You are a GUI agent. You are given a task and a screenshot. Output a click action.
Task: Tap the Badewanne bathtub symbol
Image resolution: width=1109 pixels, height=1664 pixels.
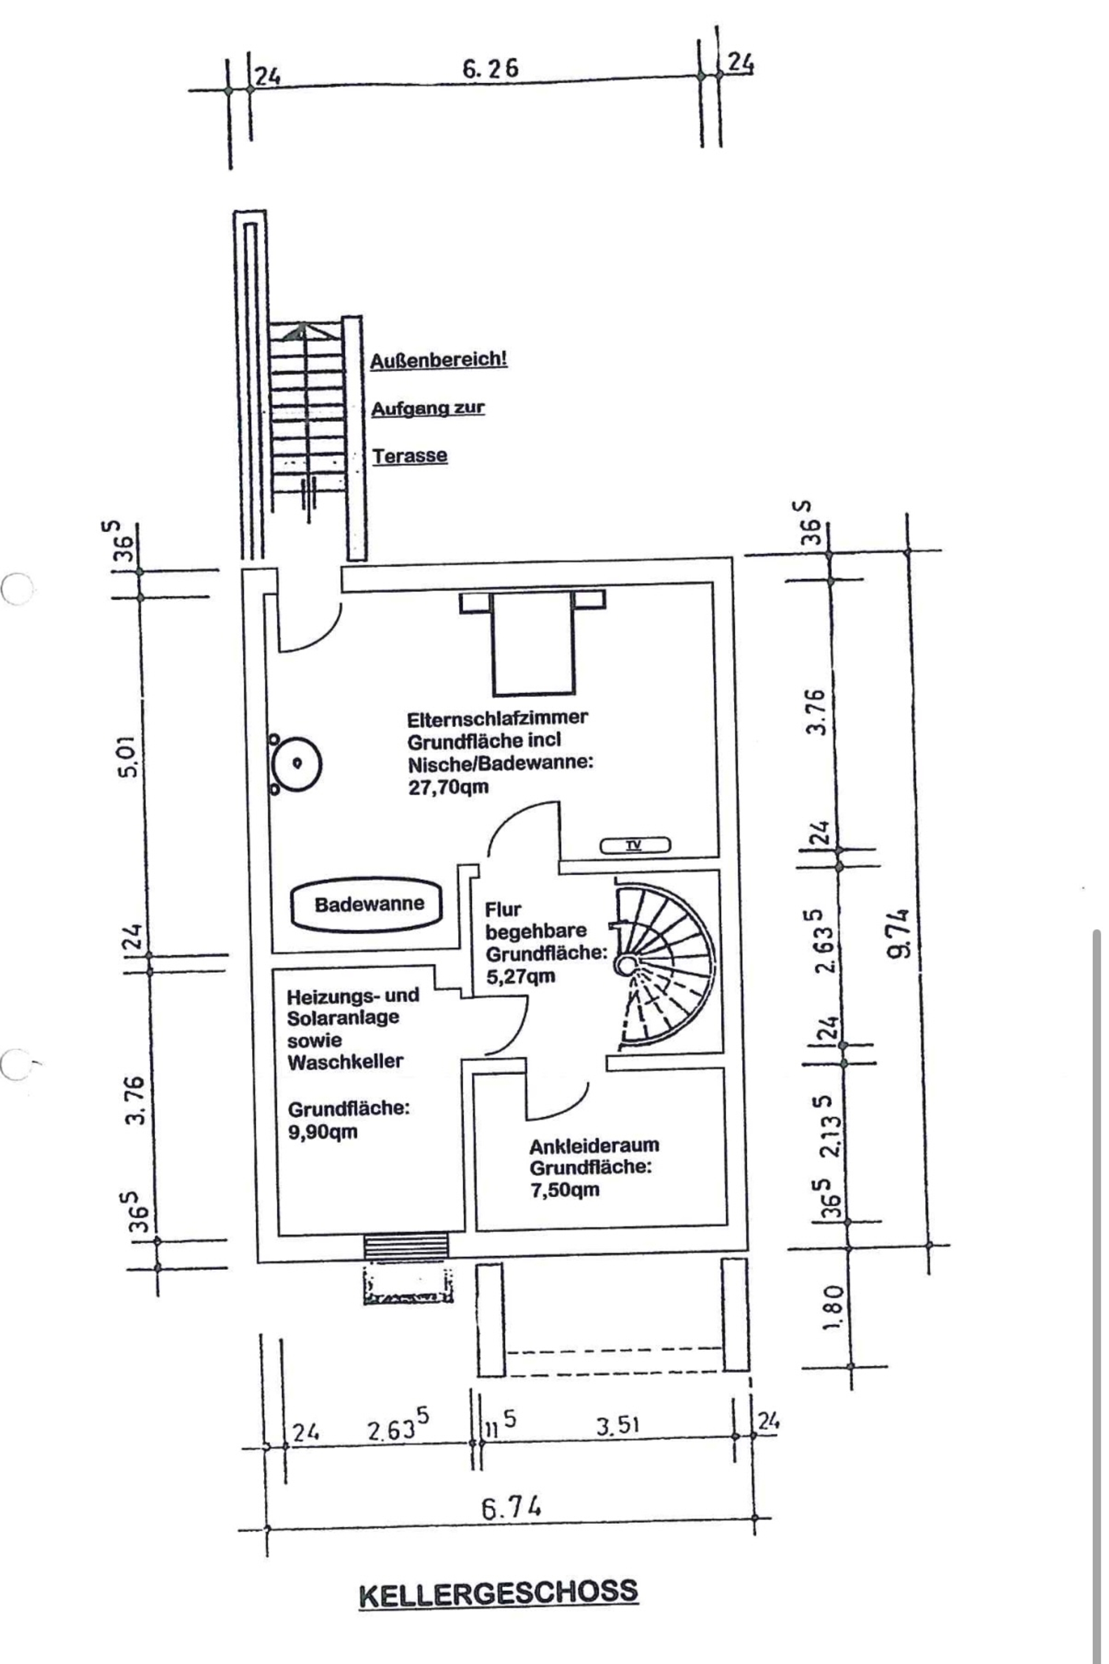coord(369,904)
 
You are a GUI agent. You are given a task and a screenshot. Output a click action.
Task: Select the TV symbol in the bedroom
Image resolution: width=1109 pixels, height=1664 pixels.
coord(634,845)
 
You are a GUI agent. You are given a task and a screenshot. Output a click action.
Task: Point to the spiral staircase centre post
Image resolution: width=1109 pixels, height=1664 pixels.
coord(624,965)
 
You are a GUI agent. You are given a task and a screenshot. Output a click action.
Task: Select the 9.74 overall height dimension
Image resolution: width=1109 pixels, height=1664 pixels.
coord(898,933)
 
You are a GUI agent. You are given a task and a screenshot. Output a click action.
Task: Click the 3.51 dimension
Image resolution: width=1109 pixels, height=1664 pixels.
coord(617,1424)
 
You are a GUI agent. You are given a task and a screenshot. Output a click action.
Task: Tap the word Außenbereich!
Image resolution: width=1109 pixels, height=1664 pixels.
coord(438,359)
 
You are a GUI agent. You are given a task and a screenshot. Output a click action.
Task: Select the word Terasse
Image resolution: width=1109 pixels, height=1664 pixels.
coord(410,456)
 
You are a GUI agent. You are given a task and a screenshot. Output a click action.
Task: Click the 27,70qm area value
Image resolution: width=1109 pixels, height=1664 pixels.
coord(448,787)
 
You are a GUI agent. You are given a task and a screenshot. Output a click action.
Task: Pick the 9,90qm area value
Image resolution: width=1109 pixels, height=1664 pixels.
coord(322,1131)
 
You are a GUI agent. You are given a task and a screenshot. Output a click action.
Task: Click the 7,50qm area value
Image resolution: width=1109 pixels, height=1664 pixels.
coord(564,1189)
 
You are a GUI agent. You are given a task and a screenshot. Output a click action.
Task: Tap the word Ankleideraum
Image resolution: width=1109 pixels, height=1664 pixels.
coord(594,1145)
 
